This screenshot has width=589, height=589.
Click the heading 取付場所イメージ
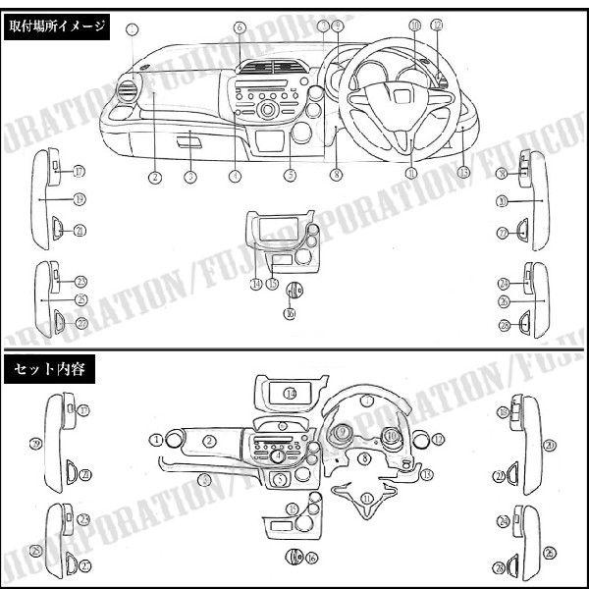(x=56, y=27)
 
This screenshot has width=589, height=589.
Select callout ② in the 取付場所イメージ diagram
(x=155, y=178)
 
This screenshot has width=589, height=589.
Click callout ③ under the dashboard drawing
(x=190, y=178)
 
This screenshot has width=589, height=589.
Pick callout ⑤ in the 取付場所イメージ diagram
(x=290, y=177)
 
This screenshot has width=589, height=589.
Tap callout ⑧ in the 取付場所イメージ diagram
(x=336, y=177)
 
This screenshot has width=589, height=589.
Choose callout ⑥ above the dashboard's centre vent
(x=240, y=27)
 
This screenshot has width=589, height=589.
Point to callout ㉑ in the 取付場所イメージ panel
(x=79, y=231)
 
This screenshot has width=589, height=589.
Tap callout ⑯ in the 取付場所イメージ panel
(x=290, y=313)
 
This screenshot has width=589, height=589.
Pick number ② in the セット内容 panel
(x=208, y=441)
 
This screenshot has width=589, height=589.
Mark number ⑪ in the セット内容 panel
(x=366, y=498)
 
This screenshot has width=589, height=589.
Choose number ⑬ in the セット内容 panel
(x=425, y=474)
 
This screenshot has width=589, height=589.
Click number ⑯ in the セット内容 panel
(x=310, y=558)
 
